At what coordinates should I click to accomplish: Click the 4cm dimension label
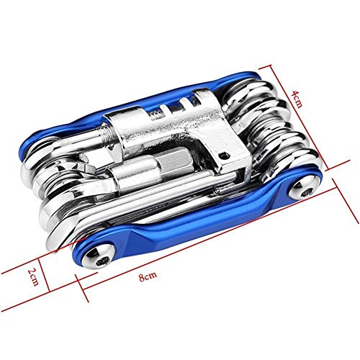(x=297, y=99)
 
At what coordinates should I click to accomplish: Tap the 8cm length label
(x=148, y=276)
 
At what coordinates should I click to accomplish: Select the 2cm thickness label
(x=33, y=276)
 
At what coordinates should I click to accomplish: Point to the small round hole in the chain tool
(x=223, y=155)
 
